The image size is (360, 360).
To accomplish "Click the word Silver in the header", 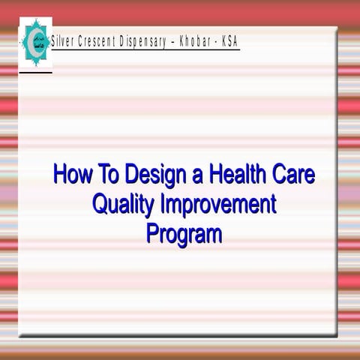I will pos(66,42).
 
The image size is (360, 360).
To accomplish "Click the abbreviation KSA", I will pos(229,42).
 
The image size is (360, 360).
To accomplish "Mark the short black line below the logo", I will pos(35,73).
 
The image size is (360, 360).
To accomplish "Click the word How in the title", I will pos(70,175).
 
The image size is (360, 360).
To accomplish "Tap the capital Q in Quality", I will pos(99,204).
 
